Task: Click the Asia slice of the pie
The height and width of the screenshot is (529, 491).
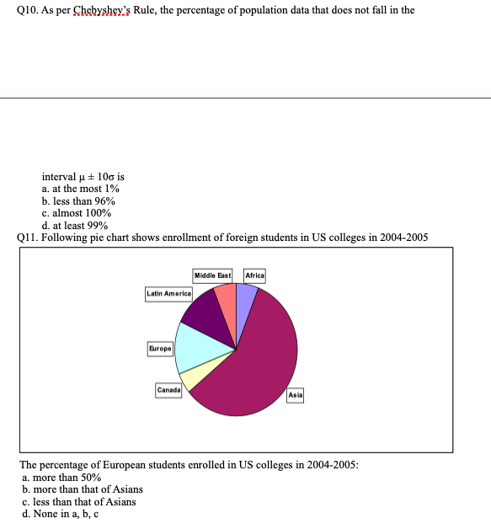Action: (x=261, y=362)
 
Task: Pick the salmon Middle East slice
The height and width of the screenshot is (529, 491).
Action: (x=227, y=301)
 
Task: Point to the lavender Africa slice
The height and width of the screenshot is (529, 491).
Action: (x=245, y=300)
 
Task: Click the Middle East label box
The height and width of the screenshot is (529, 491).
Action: (x=212, y=275)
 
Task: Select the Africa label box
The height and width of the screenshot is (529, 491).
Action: (x=254, y=275)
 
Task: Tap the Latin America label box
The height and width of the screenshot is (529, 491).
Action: (x=169, y=292)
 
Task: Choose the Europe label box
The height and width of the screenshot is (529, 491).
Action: (x=160, y=348)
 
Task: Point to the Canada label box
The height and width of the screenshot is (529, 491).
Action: (x=168, y=389)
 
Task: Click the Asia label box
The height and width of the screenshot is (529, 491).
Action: (x=295, y=394)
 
